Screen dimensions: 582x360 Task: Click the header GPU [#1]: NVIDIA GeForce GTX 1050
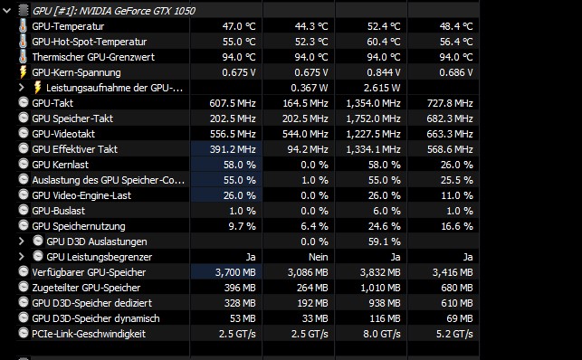(113, 11)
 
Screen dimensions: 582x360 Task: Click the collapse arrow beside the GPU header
(6, 10)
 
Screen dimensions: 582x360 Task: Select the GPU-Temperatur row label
(68, 26)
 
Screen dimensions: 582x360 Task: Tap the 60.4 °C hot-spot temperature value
(384, 42)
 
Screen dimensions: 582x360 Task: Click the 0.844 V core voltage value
(384, 72)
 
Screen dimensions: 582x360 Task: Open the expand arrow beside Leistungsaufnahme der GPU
(22, 88)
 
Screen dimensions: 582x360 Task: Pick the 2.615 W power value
(382, 88)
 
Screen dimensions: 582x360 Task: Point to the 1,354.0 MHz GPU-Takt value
(373, 103)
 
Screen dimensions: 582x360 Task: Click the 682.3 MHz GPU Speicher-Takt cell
(450, 118)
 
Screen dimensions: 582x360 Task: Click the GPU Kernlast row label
(60, 165)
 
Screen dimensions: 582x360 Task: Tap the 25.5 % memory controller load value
(456, 180)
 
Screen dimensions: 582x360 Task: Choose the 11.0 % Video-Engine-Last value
(457, 195)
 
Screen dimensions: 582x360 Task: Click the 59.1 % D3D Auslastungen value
(384, 242)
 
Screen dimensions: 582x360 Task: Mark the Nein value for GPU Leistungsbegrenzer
(318, 257)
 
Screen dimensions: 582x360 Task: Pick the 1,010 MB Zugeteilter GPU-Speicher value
(380, 288)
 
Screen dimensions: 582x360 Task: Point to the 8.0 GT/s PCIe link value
(382, 334)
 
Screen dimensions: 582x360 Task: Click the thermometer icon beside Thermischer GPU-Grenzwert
(23, 57)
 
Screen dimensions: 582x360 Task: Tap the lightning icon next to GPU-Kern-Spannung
(23, 72)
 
